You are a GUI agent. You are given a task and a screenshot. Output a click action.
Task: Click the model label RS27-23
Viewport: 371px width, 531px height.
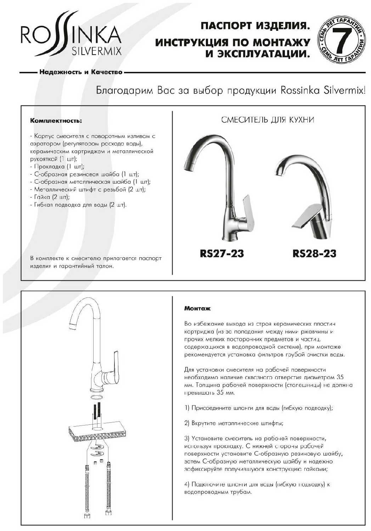tap(222, 253)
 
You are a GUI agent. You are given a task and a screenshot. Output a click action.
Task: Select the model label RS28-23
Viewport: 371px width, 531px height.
tap(314, 253)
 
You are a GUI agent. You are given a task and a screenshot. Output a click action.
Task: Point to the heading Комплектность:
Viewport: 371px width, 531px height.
tap(56, 121)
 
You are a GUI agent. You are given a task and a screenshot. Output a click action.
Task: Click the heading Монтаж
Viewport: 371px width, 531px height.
tap(197, 308)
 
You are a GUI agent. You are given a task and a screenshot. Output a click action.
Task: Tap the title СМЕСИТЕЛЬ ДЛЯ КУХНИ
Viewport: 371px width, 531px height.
tap(268, 120)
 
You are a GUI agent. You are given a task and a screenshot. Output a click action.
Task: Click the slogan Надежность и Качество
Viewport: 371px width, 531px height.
tap(81, 72)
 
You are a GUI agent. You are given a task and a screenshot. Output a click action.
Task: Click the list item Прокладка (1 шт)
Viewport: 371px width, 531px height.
tap(57, 166)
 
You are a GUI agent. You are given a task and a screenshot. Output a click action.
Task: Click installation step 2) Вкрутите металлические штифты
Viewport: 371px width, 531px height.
tap(234, 423)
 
